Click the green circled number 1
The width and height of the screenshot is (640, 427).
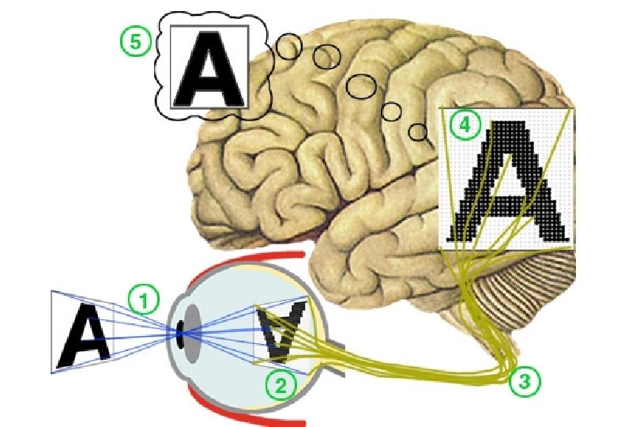pos(144,299)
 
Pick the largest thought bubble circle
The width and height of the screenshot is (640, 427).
pos(362,85)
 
